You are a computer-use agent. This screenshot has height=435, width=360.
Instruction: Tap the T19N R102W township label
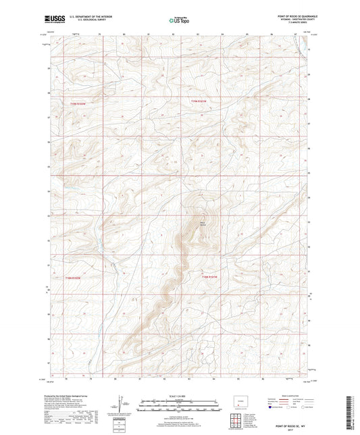pos(79,103)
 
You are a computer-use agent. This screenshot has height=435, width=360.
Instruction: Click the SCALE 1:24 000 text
pos(179,395)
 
